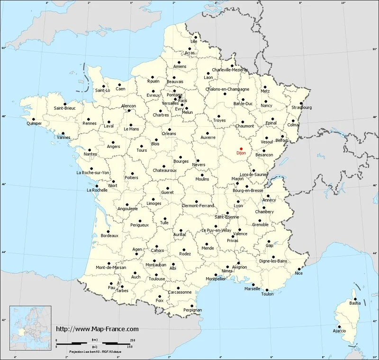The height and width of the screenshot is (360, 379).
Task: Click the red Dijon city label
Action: (242, 153)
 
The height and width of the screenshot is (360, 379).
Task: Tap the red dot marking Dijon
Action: (241, 148)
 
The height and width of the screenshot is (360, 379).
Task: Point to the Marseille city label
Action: (253, 288)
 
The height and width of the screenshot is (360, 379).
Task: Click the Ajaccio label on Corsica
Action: (339, 330)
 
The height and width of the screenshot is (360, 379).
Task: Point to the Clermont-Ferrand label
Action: (198, 205)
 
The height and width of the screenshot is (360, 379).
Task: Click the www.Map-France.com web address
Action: (97, 329)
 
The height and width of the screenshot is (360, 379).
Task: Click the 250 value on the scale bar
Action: (133, 340)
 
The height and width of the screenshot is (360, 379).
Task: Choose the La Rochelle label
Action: (97, 190)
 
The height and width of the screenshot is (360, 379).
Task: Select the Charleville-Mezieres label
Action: (230, 70)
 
